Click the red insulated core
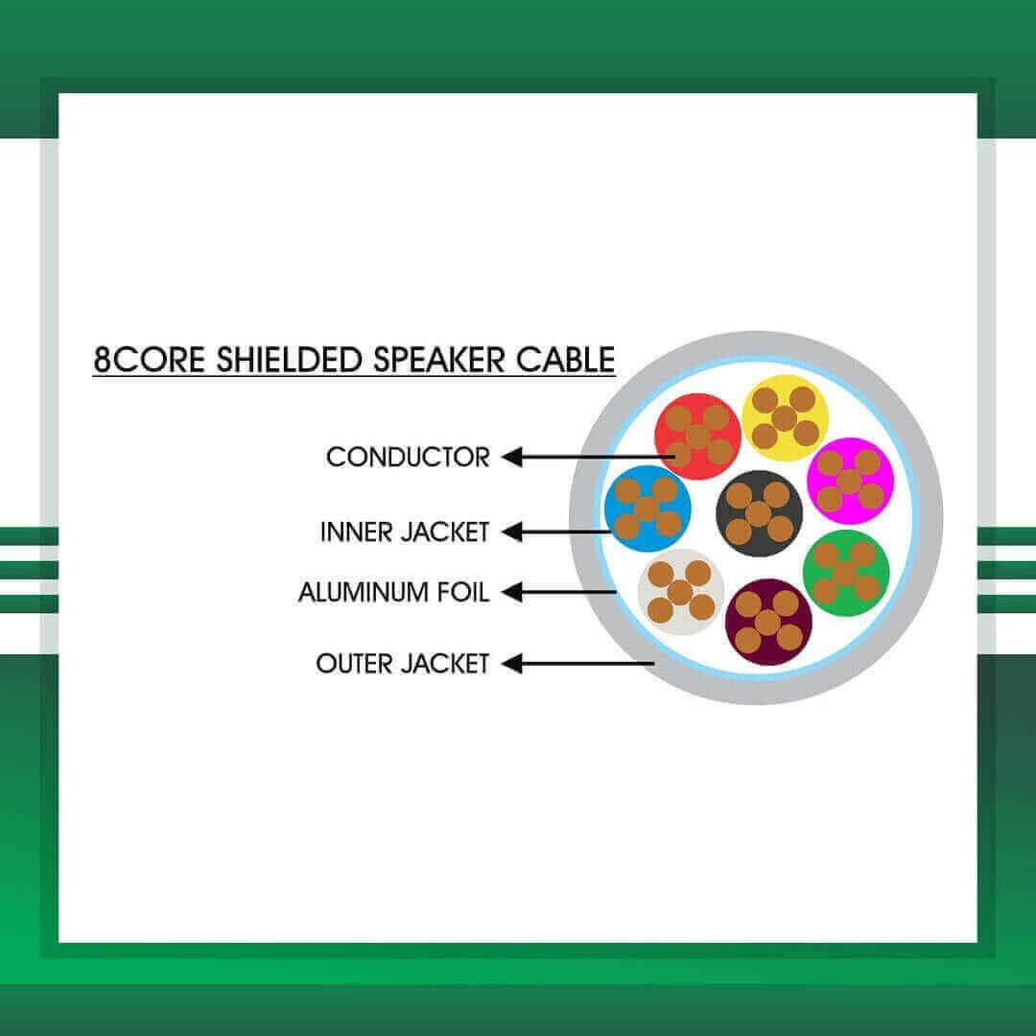[x=697, y=436]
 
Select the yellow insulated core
[x=785, y=418]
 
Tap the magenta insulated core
[x=850, y=481]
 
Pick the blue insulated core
[x=647, y=508]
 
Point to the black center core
[x=759, y=513]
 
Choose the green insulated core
[x=846, y=573]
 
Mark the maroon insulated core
[x=768, y=623]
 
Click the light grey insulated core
[x=681, y=592]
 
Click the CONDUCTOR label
[x=408, y=458]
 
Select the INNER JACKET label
[x=405, y=531]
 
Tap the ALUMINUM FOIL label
[x=394, y=592]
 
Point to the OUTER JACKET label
[x=402, y=664]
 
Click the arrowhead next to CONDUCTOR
[x=512, y=457]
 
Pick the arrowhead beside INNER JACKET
[x=512, y=531]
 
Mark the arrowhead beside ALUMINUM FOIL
[x=512, y=592]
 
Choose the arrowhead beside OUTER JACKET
[x=512, y=664]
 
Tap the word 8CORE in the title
[x=150, y=360]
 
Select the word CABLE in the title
[x=565, y=360]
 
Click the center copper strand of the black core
[x=759, y=513]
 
